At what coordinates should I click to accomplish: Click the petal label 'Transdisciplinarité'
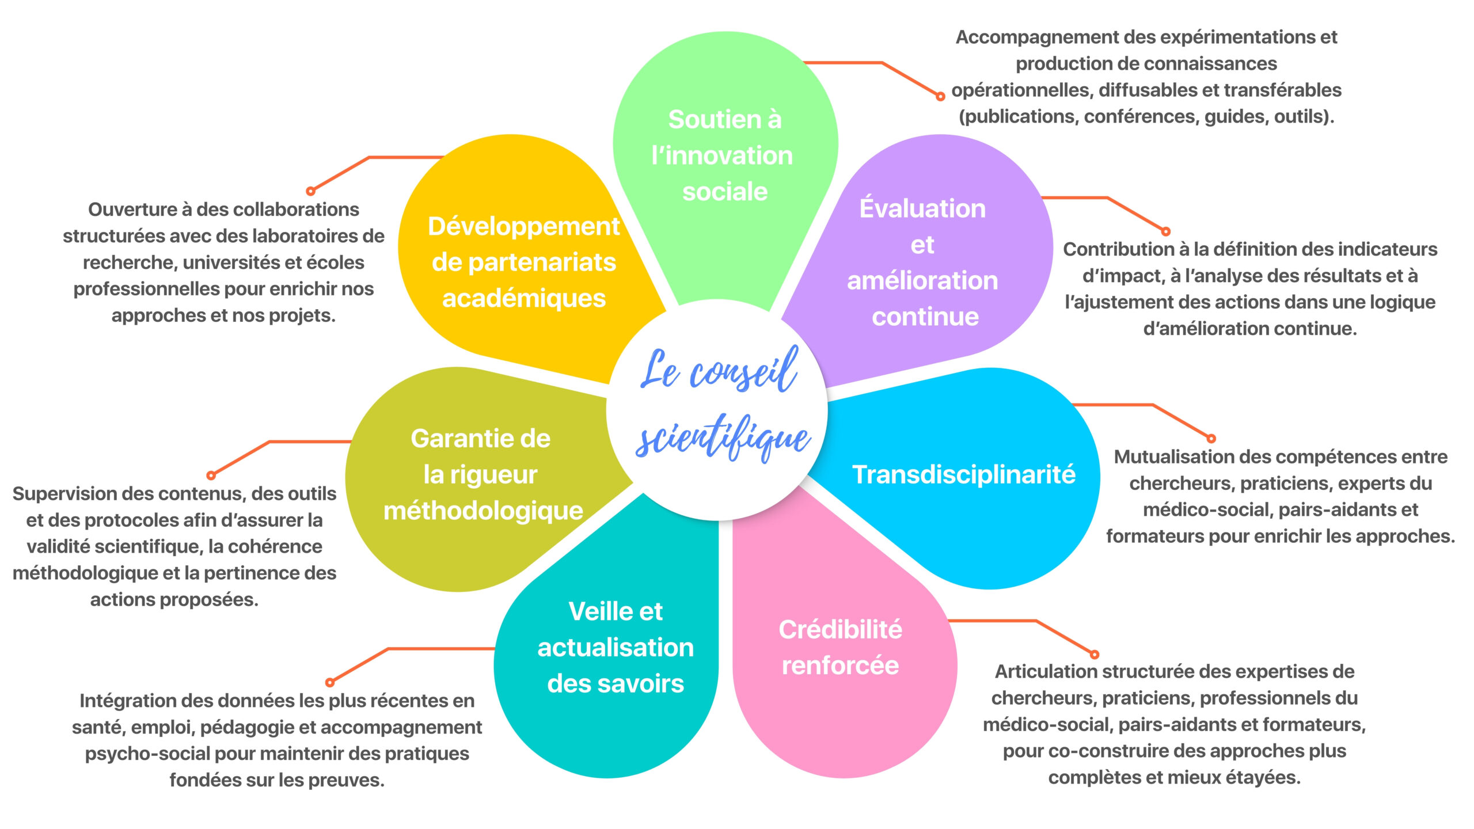coord(963,475)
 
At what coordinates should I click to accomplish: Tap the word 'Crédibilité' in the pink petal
coord(840,630)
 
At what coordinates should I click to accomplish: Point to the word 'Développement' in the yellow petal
coord(523,227)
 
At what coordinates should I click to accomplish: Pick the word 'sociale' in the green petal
coord(725,192)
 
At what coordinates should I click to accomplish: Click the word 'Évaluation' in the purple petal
coord(922,208)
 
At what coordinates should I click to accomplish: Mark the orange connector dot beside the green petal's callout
coord(940,97)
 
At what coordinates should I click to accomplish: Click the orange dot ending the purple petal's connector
coord(1166,232)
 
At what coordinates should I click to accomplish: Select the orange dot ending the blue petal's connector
coord(1211,439)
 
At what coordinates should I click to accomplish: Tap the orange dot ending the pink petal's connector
coord(1095,655)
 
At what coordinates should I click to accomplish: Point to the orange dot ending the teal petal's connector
coord(330,683)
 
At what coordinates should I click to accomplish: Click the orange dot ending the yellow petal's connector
coord(311,191)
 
